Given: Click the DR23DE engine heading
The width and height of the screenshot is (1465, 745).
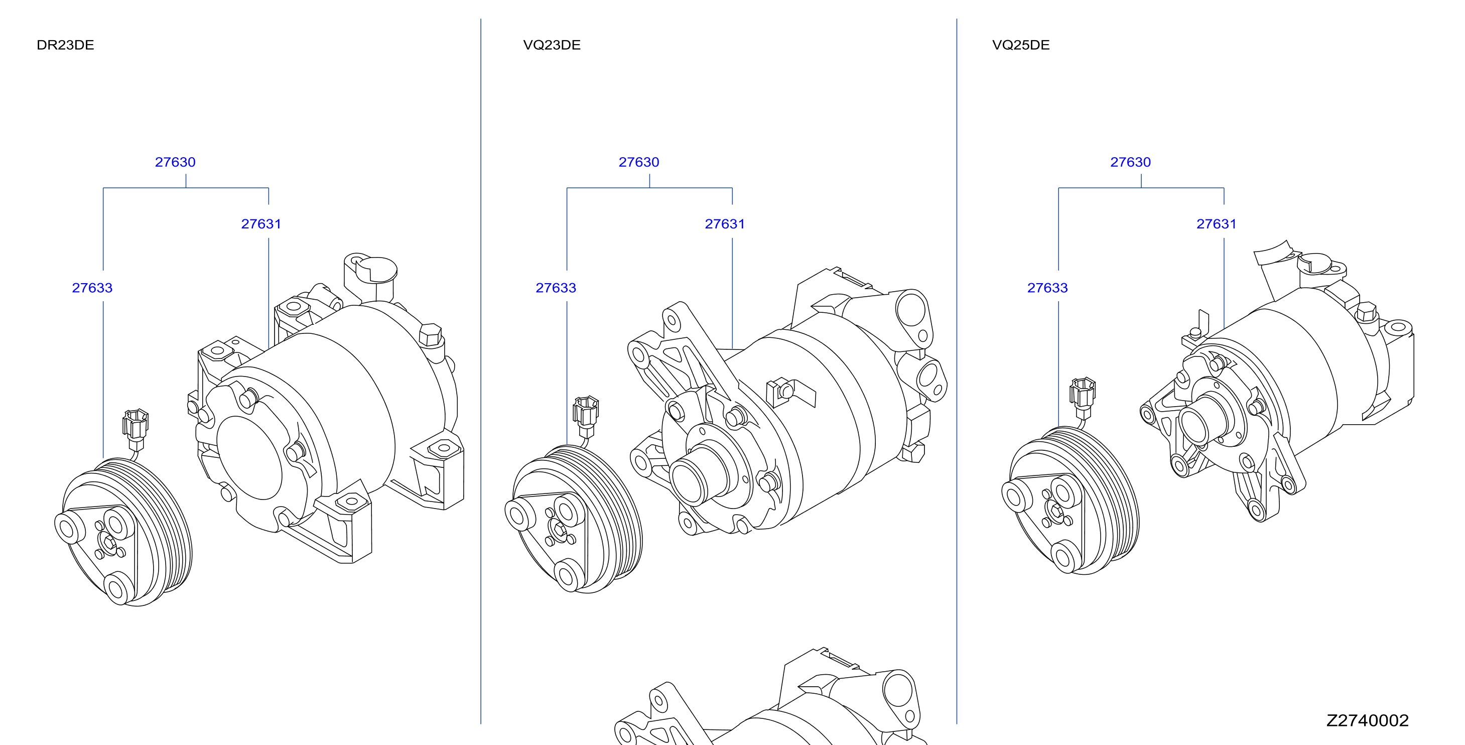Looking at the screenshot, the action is click(65, 45).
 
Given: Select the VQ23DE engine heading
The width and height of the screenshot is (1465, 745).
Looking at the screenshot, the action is click(552, 45).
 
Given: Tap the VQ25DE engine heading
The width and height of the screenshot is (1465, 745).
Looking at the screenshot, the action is click(1021, 45).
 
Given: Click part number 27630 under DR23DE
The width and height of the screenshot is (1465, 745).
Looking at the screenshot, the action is click(175, 162).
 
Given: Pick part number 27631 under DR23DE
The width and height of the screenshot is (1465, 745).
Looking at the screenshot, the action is click(261, 224).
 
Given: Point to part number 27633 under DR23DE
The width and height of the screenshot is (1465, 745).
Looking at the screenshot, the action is click(92, 288).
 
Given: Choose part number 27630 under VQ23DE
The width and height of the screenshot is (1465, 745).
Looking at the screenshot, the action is click(639, 162).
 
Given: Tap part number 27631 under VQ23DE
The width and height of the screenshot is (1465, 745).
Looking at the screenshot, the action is click(725, 224).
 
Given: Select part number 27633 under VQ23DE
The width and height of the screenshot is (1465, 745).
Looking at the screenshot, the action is click(556, 288).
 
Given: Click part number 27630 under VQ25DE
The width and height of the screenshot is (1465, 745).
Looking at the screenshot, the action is click(1130, 162).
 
